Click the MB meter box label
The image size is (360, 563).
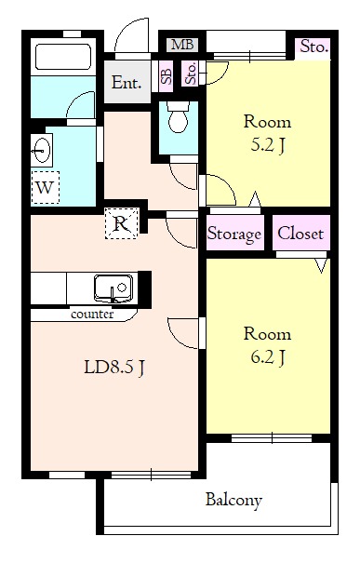(182, 45)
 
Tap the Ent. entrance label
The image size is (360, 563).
(126, 83)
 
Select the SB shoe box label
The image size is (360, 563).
(167, 76)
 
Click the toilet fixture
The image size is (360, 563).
(178, 116)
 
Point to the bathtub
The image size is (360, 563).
(63, 57)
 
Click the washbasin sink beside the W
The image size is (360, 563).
(42, 150)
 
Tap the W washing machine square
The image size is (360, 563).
(46, 187)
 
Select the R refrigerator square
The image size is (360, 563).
(121, 223)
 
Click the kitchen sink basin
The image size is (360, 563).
(113, 288)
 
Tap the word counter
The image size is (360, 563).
(92, 315)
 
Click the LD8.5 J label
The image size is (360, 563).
(114, 368)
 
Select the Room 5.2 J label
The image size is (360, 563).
(267, 133)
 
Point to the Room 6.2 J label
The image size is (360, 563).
(267, 345)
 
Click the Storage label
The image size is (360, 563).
(234, 235)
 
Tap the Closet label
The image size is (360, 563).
(300, 234)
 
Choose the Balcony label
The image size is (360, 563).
(233, 500)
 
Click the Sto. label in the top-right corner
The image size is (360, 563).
(314, 46)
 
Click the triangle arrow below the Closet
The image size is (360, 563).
(321, 265)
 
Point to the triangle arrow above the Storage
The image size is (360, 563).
(255, 199)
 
